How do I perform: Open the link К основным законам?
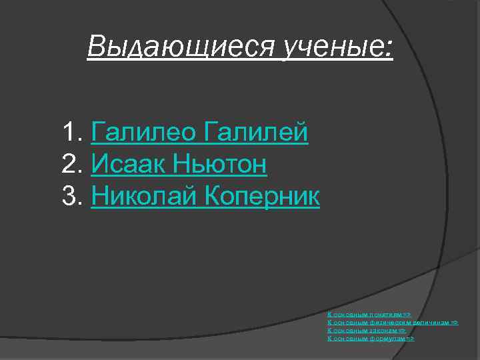(366, 330)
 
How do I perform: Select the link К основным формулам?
(371, 339)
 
